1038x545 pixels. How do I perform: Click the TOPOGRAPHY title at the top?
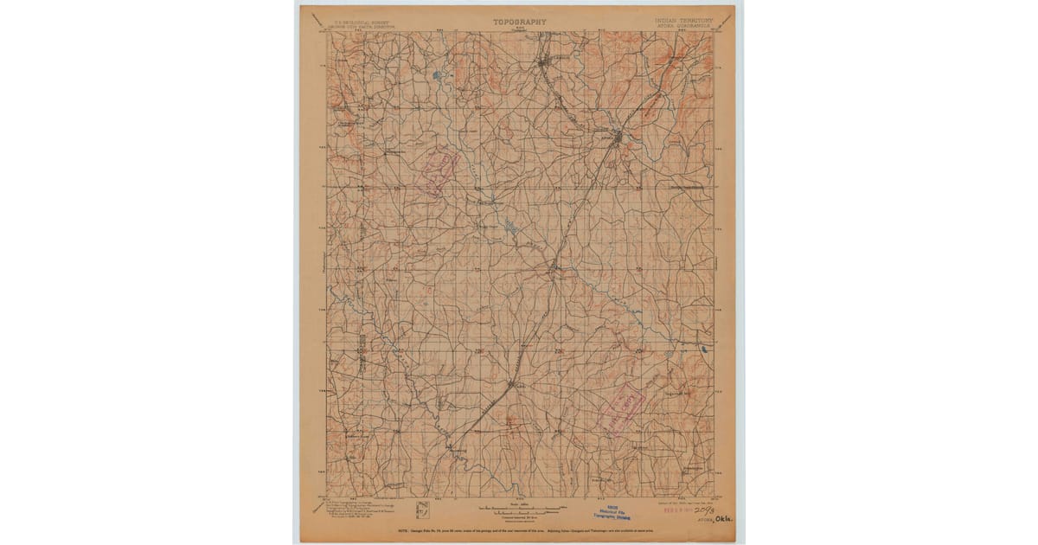tap(519, 21)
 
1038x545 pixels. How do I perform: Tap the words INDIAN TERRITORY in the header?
tap(683, 20)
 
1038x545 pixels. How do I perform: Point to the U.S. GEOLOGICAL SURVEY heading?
tap(354, 20)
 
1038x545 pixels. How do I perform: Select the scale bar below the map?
tap(519, 507)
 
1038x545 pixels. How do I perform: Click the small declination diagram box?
tap(422, 510)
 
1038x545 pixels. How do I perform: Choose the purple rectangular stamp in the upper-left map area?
tap(438, 168)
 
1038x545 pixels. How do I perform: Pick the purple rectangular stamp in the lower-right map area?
tap(622, 407)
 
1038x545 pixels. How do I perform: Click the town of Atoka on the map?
tap(616, 138)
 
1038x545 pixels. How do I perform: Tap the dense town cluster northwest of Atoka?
tap(545, 63)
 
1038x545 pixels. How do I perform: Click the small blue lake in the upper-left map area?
tap(438, 76)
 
